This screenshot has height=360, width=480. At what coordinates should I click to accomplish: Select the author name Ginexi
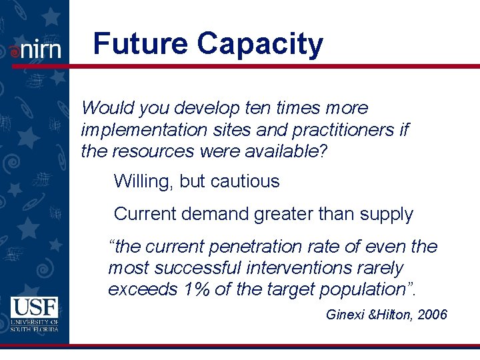(345, 315)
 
